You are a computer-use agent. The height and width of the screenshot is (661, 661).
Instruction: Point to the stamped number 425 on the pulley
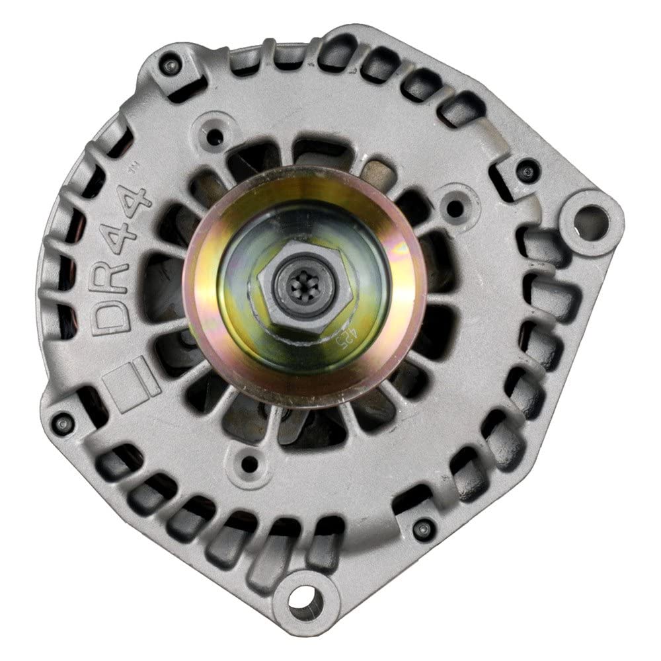[x=322, y=344]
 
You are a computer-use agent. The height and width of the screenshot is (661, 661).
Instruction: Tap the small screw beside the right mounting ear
[x=526, y=172]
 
